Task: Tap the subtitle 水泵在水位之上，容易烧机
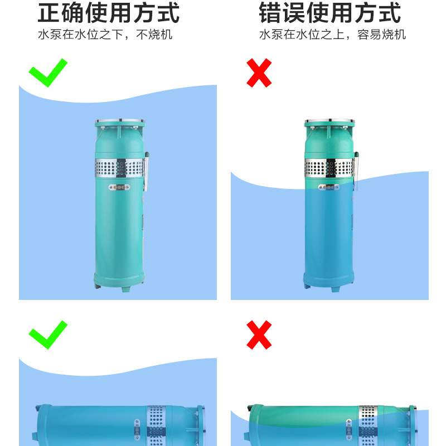[x=332, y=35]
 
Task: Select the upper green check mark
[x=48, y=72]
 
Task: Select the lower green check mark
[x=48, y=334]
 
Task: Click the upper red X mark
[x=259, y=72]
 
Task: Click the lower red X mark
[x=259, y=334]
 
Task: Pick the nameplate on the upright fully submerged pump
[x=119, y=188]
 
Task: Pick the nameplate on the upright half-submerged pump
[x=329, y=188]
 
